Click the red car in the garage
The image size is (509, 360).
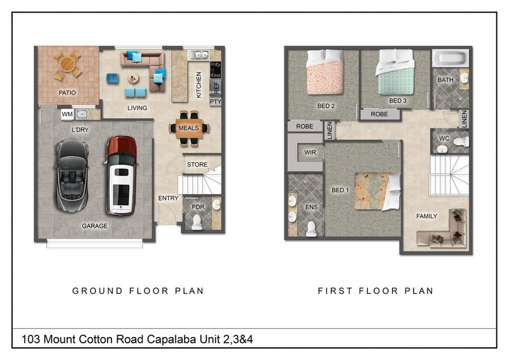coord(122,176)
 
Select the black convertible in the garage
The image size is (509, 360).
coord(72,176)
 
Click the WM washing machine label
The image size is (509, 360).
coord(67,114)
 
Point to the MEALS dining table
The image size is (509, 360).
coord(188,128)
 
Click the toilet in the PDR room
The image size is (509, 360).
coord(197,222)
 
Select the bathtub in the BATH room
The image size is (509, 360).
coord(450,58)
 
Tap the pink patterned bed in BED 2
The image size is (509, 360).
coord(325,72)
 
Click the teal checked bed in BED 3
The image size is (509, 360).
coord(395,72)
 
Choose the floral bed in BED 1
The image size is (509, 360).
coord(377,191)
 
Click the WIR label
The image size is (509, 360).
coord(310,152)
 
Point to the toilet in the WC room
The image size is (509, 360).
coord(461,142)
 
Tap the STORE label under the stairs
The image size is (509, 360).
coord(197,165)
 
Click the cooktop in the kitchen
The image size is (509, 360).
coord(216,70)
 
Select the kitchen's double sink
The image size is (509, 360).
coord(199,55)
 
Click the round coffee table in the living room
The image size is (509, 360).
coord(133,78)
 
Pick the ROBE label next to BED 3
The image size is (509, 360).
coord(379,114)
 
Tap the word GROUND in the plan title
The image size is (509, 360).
coord(97,291)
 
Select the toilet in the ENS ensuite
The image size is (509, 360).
coord(311,229)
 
